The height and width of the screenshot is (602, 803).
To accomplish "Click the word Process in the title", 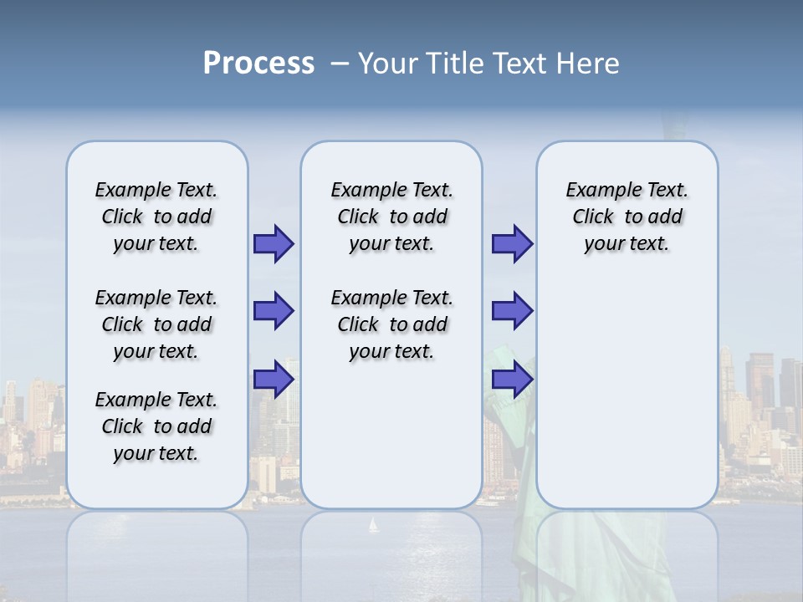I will coord(258,63).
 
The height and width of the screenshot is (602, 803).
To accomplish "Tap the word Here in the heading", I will coord(589,64).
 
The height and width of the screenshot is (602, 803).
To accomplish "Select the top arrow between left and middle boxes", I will coord(274,244).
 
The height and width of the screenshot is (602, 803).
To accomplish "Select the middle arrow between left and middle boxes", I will coord(274,311).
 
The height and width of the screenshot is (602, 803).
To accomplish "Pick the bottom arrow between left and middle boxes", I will coord(274,380).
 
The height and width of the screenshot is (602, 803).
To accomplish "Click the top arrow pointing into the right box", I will coord(512,244).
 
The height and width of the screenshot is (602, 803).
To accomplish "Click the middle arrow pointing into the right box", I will coord(512,311).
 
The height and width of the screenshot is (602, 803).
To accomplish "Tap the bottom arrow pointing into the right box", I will coord(512,380).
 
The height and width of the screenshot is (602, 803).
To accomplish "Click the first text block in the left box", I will coord(156,217).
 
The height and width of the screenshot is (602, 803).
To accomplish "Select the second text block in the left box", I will coord(156,324).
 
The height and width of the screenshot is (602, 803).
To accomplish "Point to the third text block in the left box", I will coord(156,426).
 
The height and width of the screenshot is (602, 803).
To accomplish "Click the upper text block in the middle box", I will coord(391,217).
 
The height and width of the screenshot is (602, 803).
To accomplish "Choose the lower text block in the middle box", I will coord(391,324).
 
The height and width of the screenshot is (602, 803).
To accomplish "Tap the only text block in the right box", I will coord(627,217).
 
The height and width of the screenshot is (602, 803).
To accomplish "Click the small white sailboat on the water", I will coord(373,525).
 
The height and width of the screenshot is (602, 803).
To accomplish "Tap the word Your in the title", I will coord(389,64).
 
